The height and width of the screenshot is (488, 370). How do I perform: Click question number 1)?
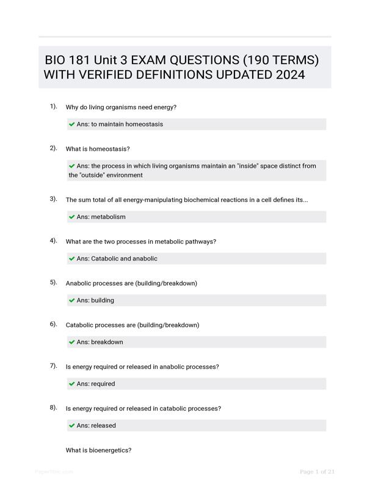point(54,107)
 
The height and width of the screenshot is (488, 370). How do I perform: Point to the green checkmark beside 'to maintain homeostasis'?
point(72,124)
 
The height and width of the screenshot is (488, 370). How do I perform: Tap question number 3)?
point(54,199)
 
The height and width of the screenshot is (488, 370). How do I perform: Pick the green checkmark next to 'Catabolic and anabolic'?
point(72,259)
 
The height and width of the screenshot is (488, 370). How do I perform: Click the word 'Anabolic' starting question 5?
point(79,284)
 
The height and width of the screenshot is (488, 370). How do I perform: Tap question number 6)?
point(54,324)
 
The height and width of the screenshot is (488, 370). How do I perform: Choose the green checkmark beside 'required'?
point(72,384)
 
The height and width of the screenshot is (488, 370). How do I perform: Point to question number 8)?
point(54,407)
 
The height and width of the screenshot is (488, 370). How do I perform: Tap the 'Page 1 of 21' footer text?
point(317,472)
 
